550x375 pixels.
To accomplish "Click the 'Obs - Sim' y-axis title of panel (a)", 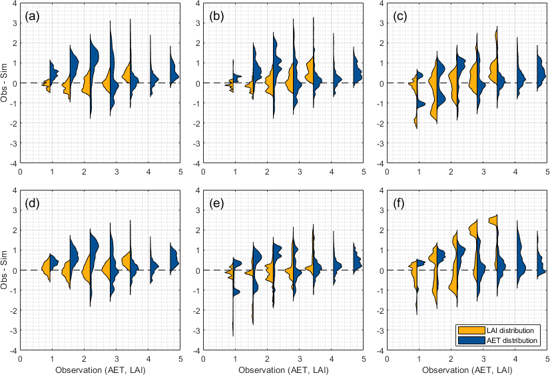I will click(5, 83).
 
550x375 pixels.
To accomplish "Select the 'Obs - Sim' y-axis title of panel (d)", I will click(5, 270).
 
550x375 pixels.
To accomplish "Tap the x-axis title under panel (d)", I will click(101, 369).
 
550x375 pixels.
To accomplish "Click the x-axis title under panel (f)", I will click(465, 369).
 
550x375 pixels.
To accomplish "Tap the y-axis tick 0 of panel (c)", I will click(380, 83).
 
